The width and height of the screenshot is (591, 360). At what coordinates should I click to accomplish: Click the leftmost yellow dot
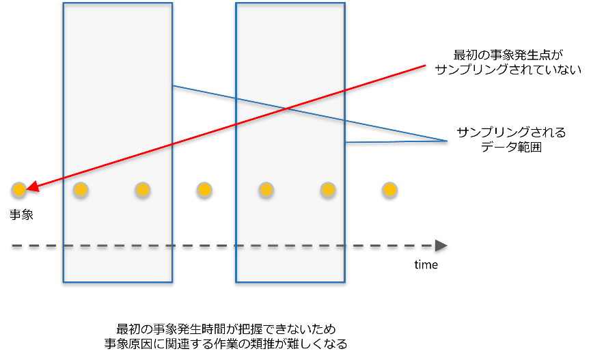click(19, 189)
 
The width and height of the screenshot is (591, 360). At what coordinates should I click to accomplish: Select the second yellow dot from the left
click(81, 189)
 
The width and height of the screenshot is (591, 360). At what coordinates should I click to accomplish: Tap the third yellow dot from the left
click(142, 189)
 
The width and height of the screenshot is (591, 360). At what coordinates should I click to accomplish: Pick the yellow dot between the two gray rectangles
click(204, 189)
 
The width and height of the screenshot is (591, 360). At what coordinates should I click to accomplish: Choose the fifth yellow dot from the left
click(266, 189)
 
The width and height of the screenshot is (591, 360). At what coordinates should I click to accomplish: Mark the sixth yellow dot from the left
click(328, 189)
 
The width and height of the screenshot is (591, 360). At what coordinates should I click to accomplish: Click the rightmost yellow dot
click(389, 189)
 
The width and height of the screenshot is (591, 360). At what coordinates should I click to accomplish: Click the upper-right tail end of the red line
click(425, 66)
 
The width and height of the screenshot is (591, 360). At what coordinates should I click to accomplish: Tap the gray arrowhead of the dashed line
click(442, 245)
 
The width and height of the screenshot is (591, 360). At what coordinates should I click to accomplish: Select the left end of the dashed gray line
click(12, 245)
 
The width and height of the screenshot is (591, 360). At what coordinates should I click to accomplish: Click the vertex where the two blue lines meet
click(447, 141)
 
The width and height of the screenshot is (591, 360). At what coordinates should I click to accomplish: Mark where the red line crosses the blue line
click(287, 109)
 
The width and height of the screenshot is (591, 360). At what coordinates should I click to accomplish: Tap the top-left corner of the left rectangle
click(64, 4)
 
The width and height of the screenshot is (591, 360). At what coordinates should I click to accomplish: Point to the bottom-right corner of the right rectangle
click(344, 281)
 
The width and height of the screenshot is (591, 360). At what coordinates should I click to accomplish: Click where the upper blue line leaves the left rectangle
click(172, 85)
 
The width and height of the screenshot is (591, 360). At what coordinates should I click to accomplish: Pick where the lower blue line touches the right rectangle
click(345, 142)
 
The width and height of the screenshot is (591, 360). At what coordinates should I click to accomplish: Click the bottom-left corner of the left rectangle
click(64, 281)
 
